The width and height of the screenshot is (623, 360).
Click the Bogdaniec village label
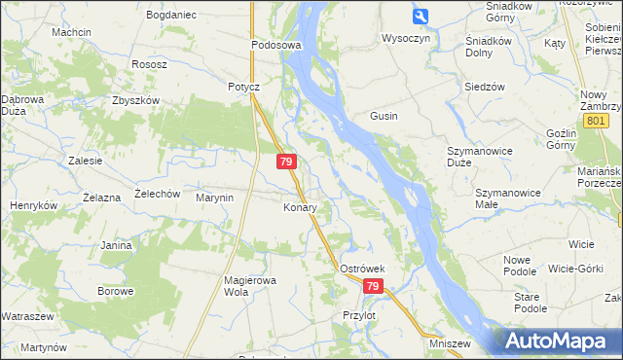[170, 16]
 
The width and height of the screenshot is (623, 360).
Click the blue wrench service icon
[421, 17]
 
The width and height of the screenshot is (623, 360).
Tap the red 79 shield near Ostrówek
[373, 286]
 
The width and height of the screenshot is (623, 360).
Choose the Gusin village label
[384, 116]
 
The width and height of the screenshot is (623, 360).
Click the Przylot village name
[359, 315]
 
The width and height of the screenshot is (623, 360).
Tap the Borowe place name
[115, 291]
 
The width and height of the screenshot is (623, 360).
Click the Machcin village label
[72, 32]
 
